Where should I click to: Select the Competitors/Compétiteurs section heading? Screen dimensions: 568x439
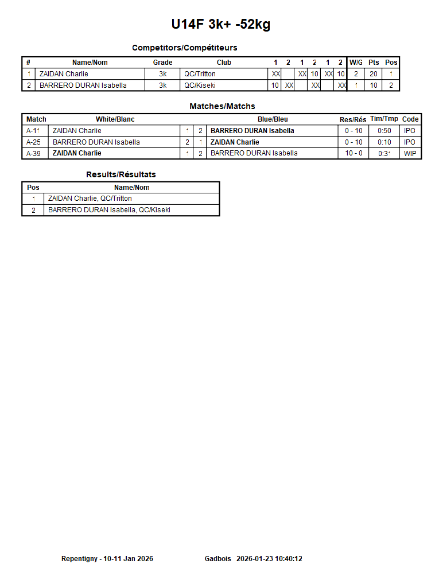[184, 48]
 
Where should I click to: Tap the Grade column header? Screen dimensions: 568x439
[162, 63]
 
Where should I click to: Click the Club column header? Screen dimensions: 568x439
[224, 63]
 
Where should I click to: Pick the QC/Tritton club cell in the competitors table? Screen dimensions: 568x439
[200, 74]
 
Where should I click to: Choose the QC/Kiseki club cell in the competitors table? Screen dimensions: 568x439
[200, 85]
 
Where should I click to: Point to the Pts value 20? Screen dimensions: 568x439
[374, 74]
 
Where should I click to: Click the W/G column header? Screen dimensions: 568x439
[356, 63]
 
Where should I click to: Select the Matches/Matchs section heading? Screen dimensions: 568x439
[222, 106]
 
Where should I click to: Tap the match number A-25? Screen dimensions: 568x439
[35, 142]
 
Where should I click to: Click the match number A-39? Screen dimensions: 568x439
[35, 153]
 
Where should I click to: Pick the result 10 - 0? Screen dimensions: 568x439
[353, 153]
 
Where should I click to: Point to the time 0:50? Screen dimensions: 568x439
[384, 131]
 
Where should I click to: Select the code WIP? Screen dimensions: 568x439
[410, 153]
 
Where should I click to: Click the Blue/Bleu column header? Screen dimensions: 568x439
[273, 119]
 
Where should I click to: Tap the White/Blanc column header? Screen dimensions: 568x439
[115, 119]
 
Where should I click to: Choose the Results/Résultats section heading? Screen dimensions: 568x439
[121, 174]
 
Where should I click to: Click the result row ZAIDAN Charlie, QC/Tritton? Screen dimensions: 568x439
[90, 199]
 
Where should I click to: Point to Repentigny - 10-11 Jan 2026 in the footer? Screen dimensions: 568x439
[107, 559]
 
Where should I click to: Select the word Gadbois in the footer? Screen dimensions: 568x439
[217, 559]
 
